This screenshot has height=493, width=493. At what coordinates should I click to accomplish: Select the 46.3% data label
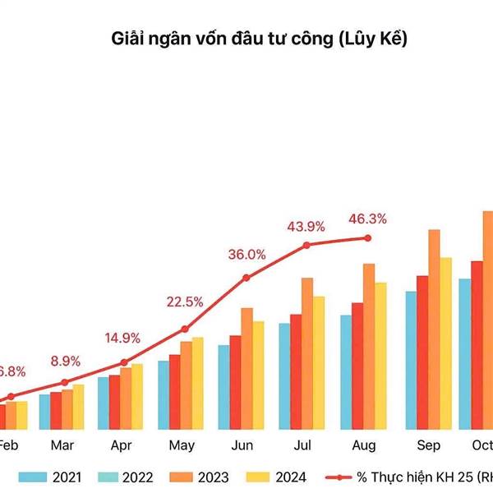pyautogui.click(x=367, y=219)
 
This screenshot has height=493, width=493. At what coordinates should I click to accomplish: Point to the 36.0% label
pyautogui.click(x=246, y=255)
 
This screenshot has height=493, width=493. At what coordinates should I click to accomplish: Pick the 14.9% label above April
pyautogui.click(x=123, y=338)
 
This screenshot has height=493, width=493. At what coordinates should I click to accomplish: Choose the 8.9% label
pyautogui.click(x=65, y=361)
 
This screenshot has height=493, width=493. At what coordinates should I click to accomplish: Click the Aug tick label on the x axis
pyautogui.click(x=364, y=445)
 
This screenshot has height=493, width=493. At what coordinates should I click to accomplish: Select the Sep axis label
pyautogui.click(x=428, y=445)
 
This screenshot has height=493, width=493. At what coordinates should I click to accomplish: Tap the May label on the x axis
pyautogui.click(x=181, y=445)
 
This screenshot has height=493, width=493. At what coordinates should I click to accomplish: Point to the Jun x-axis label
pyautogui.click(x=242, y=445)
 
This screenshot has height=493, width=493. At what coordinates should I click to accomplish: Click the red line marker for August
pyautogui.click(x=367, y=238)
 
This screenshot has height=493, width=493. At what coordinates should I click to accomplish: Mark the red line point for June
pyautogui.click(x=246, y=278)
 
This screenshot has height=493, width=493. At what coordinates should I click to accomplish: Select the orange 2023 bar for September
pyautogui.click(x=434, y=329)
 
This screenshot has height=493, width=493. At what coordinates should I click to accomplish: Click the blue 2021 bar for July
pyautogui.click(x=284, y=376)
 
